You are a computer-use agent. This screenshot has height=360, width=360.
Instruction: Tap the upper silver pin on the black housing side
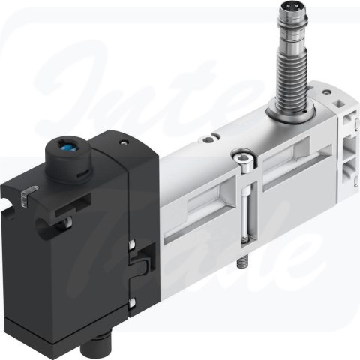(x=132, y=242)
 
